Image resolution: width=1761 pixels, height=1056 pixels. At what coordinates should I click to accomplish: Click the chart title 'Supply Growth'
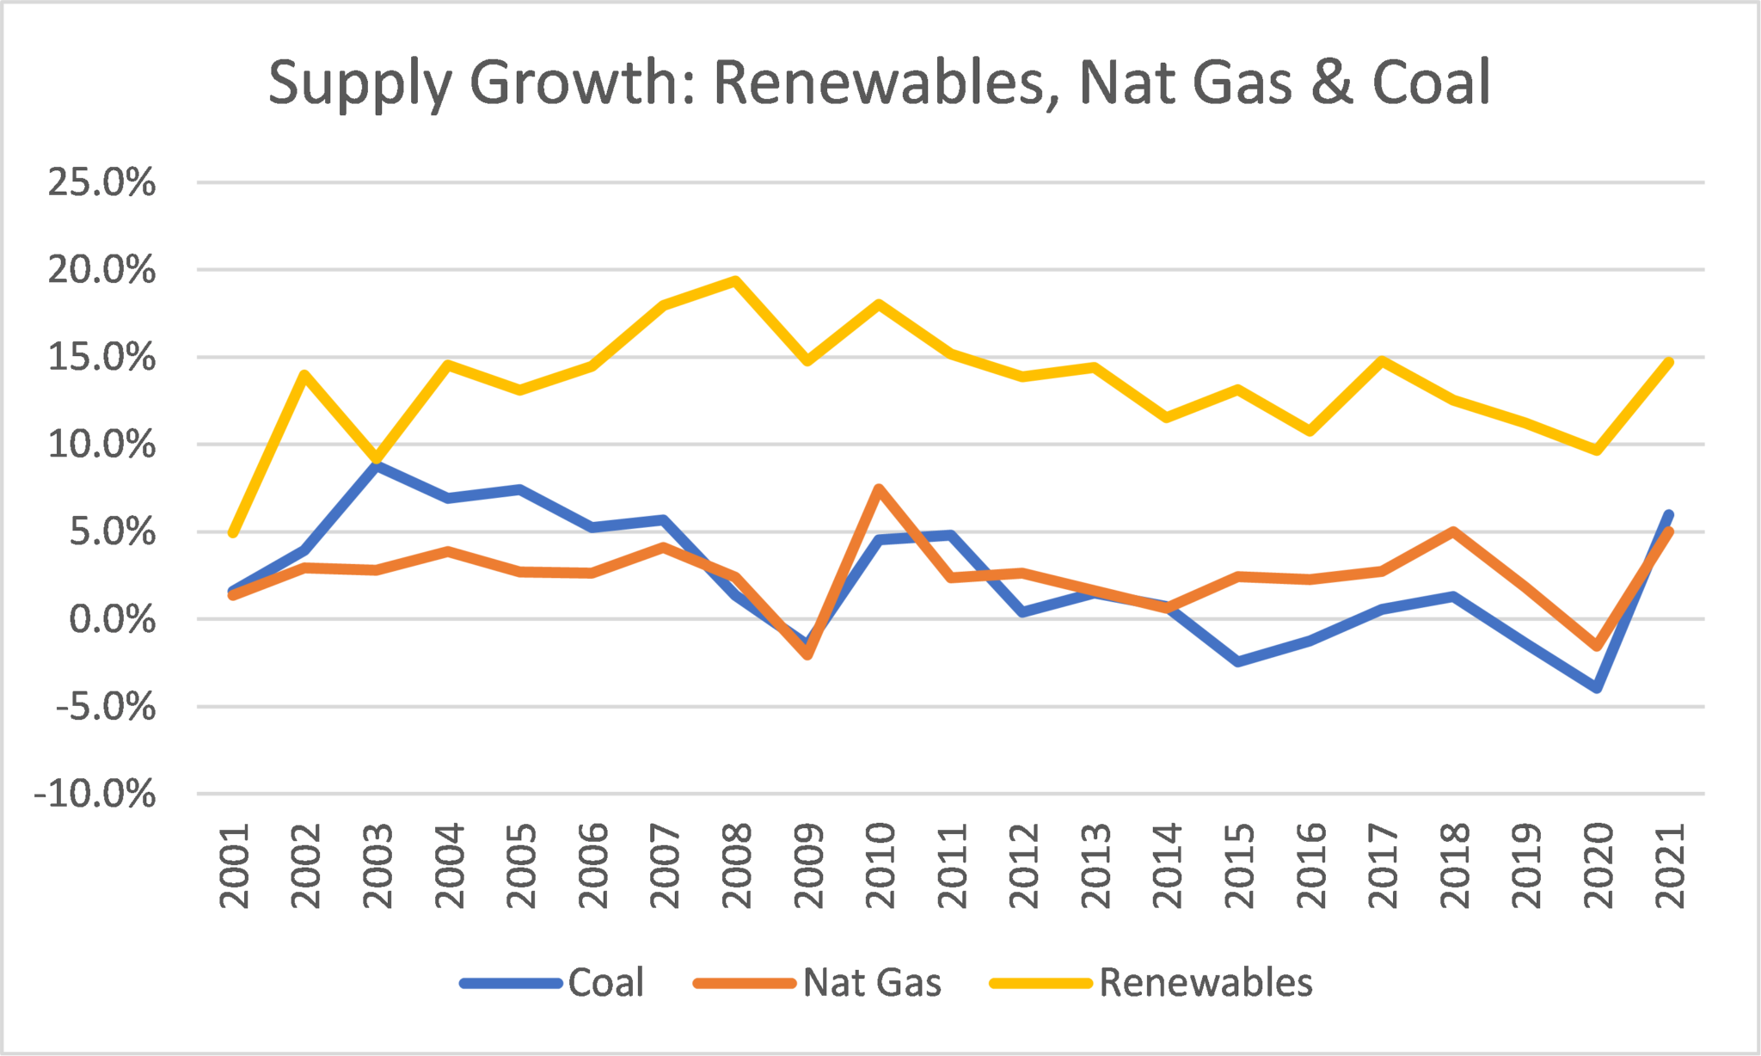879,83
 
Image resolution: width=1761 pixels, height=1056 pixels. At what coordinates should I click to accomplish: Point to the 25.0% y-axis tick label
101,182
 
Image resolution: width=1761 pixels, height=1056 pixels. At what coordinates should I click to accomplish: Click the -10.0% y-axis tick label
95,794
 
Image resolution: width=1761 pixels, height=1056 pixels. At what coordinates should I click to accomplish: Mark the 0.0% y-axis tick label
112,619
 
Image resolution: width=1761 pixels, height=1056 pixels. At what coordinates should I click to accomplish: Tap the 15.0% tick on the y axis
101,357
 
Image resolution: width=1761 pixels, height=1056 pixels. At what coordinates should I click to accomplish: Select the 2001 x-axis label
234,865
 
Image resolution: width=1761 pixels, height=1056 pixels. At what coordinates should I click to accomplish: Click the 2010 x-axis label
880,865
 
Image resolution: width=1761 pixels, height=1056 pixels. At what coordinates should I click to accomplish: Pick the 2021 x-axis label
1671,865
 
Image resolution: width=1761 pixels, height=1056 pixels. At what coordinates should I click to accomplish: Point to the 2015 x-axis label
1239,865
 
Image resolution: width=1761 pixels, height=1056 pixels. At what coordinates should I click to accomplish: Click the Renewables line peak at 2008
736,280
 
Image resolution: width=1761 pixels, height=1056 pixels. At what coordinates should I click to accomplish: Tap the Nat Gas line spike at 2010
879,489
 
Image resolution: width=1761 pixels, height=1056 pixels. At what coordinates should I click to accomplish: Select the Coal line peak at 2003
377,465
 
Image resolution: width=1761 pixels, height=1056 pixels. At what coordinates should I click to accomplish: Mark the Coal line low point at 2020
1598,688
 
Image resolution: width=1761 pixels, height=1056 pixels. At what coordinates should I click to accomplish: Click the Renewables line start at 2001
233,532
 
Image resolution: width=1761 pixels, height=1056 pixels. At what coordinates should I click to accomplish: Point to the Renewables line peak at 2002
304,374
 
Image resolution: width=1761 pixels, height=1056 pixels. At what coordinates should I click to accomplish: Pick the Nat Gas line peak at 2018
1453,531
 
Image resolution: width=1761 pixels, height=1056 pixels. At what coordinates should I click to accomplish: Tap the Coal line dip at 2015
1238,661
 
